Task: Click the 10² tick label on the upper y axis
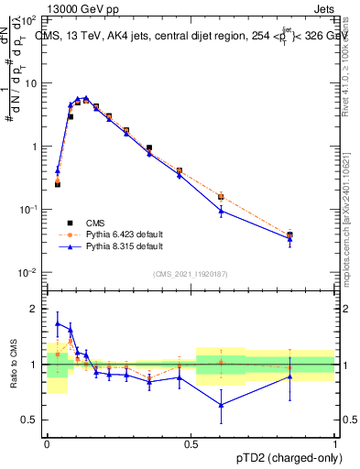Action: pyautogui.click(x=28, y=19)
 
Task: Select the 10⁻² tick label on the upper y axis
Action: pyautogui.click(x=28, y=273)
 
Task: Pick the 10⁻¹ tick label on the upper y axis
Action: pyautogui.click(x=28, y=210)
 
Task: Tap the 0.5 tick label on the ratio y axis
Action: pyautogui.click(x=29, y=420)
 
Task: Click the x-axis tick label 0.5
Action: pyautogui.click(x=191, y=442)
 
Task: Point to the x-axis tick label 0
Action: pyautogui.click(x=47, y=442)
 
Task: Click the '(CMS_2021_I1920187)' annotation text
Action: pyautogui.click(x=191, y=274)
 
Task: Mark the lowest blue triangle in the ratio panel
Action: pyautogui.click(x=221, y=405)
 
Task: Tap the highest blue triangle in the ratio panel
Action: pyautogui.click(x=58, y=323)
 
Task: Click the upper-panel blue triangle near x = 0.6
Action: pyautogui.click(x=221, y=211)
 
